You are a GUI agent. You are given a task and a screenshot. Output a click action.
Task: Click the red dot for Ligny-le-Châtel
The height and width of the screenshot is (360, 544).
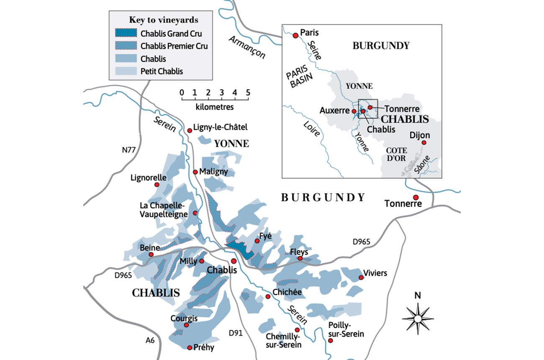[x=190, y=131]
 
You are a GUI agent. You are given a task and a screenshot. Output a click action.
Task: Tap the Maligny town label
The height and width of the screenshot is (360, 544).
[x=213, y=172]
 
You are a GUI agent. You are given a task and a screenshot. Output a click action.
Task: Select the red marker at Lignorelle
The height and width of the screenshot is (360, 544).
[x=157, y=185]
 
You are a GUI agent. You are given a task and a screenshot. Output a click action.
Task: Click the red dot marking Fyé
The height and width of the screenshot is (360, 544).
[x=258, y=241]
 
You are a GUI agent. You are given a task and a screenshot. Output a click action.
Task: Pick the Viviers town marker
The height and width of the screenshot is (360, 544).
[x=361, y=278]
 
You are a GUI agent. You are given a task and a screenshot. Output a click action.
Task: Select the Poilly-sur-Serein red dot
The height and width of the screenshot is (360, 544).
[x=331, y=341]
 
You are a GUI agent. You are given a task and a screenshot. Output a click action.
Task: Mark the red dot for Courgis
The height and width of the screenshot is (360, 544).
[x=187, y=324]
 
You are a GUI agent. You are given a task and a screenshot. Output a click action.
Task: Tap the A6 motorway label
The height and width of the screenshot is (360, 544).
[x=150, y=340]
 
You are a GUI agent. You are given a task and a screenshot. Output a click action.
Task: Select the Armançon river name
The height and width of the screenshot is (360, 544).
[x=247, y=47]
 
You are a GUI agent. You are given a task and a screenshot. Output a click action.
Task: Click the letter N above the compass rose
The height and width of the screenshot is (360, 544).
[x=417, y=295]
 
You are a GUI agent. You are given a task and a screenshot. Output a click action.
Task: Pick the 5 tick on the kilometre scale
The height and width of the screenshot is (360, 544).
[x=248, y=92]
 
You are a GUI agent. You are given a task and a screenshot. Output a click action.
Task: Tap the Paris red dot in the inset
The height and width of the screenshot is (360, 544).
[x=295, y=36]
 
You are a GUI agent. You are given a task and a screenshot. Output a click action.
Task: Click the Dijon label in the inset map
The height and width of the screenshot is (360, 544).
[x=420, y=135]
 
